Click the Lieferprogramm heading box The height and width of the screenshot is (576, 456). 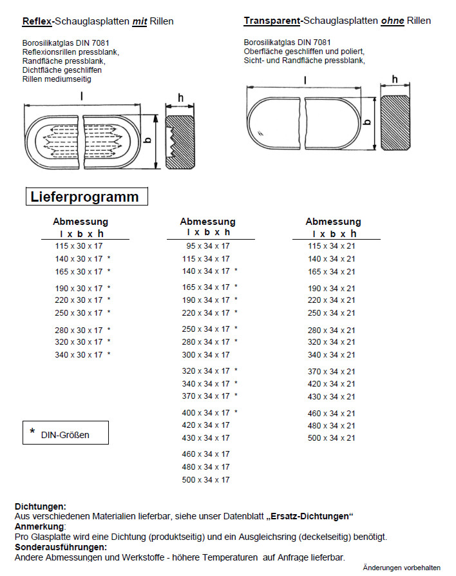(86, 197)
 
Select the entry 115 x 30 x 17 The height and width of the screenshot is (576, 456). (79, 246)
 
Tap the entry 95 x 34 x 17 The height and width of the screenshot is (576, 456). (208, 246)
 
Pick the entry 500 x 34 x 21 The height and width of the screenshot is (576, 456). (332, 438)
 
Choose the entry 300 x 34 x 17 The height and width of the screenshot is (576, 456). (205, 355)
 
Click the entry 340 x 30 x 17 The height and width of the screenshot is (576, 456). (79, 355)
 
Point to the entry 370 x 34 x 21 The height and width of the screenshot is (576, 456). (332, 372)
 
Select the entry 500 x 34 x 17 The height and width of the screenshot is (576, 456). (205, 480)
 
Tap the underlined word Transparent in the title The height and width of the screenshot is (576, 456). (272, 21)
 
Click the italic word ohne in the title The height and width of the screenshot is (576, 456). (392, 21)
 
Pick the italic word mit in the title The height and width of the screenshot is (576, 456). (140, 21)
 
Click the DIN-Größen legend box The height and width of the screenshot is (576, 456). (66, 434)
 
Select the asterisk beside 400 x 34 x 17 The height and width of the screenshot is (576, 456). (236, 412)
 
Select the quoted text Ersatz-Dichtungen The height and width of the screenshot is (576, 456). (312, 517)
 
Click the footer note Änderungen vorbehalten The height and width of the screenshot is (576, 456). (401, 568)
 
